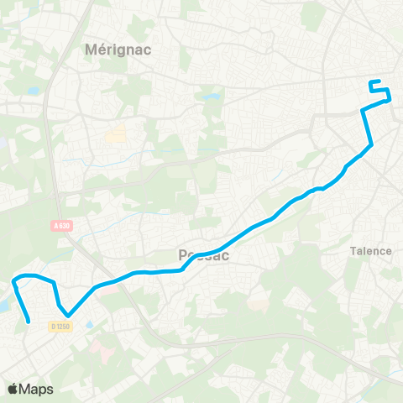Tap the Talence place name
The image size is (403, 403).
pyautogui.click(x=370, y=250)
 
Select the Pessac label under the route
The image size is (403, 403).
pyautogui.click(x=204, y=255)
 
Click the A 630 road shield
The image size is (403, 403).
pyautogui.click(x=60, y=225)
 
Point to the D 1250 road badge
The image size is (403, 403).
pyautogui.click(x=59, y=326)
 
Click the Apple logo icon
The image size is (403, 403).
pyautogui.click(x=13, y=389)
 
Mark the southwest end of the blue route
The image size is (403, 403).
pyautogui.click(x=30, y=321)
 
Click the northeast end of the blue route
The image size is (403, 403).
pyautogui.click(x=371, y=81)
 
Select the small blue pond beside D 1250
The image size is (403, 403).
pyautogui.click(x=89, y=324)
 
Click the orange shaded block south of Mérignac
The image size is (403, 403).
pyautogui.click(x=115, y=133)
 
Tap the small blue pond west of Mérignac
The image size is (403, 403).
pyautogui.click(x=33, y=91)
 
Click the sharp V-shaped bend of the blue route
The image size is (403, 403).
pyautogui.click(x=68, y=316)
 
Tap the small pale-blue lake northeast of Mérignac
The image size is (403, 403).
pyautogui.click(x=209, y=97)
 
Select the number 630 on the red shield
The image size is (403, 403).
pyautogui.click(x=63, y=225)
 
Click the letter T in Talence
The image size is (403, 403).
pyautogui.click(x=353, y=250)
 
